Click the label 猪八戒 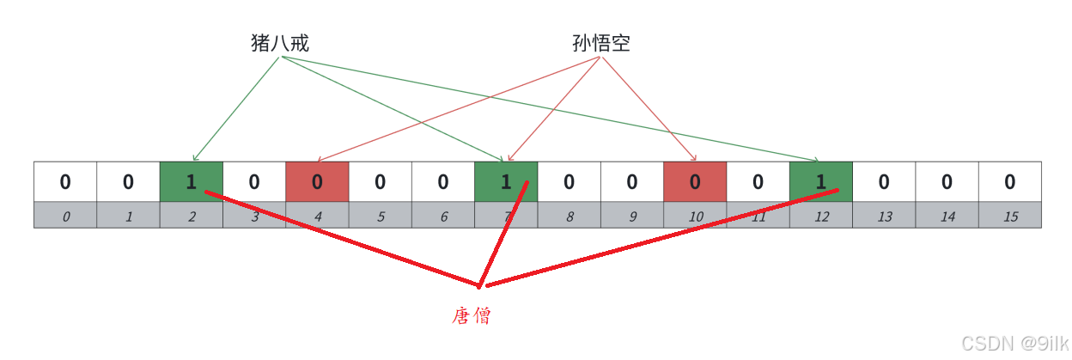tap(280, 43)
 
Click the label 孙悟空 tap(601, 43)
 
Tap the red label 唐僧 tap(472, 316)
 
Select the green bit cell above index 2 tap(192, 181)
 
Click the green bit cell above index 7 tap(506, 181)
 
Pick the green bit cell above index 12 tap(821, 181)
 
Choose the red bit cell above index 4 tap(318, 181)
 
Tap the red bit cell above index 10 tap(695, 181)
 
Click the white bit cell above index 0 tap(65, 181)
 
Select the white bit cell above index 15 tap(1010, 181)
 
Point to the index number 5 tap(381, 217)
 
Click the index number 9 tap(632, 217)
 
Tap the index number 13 tap(884, 217)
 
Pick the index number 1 tap(129, 217)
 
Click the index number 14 tap(947, 217)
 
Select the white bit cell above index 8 tap(569, 181)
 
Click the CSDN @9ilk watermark tap(1014, 344)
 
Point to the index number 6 tap(443, 217)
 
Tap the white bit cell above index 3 tap(254, 181)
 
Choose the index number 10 tap(695, 217)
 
